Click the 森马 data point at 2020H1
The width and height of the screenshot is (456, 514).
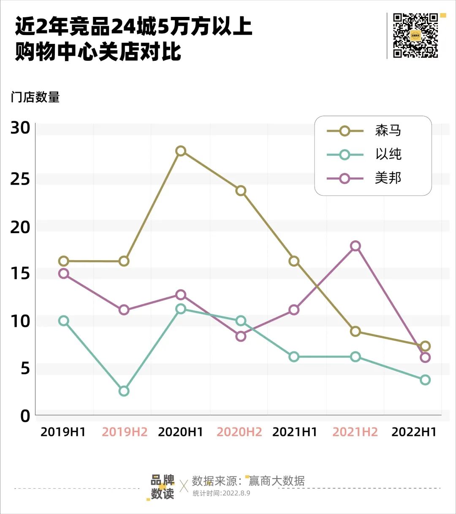181,151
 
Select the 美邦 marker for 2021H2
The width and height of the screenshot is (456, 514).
356,246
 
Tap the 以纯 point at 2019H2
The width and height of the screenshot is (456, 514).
124,391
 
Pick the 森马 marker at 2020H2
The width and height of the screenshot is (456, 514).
241,190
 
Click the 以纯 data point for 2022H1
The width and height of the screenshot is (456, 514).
425,380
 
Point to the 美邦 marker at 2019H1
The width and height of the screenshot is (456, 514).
64,273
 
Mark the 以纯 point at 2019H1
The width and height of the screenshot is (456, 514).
64,321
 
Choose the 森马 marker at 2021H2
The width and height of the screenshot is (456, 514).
356,331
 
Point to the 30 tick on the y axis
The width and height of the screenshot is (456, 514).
20,128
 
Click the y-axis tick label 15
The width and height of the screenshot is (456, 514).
20,274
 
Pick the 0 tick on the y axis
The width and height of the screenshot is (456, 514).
25,416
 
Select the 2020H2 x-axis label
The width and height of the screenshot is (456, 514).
239,432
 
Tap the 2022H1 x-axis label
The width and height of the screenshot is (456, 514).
414,432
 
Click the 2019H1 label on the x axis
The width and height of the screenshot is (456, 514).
63,432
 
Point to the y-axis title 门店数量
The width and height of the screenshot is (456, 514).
35,97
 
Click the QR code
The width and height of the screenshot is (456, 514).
415,35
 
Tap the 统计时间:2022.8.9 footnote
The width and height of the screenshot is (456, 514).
221,493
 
